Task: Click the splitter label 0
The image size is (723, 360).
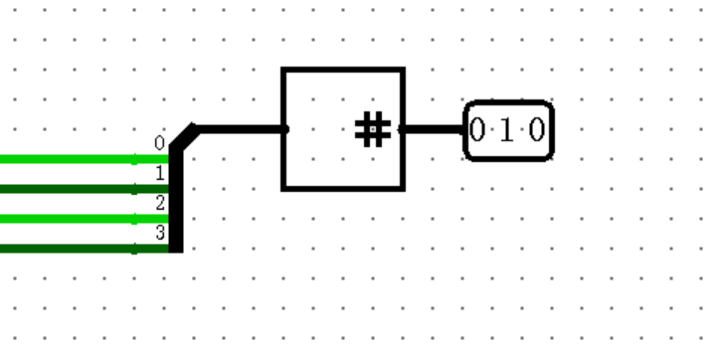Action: (x=159, y=143)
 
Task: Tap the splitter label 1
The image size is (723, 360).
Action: (x=159, y=173)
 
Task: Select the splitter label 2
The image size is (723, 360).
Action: (x=159, y=203)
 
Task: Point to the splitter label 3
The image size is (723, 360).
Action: (x=159, y=233)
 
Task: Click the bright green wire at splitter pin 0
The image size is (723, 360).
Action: (x=70, y=159)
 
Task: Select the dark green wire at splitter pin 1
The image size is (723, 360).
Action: (x=70, y=189)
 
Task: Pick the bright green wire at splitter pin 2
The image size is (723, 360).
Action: (x=70, y=219)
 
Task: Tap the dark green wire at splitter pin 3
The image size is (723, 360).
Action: (x=70, y=249)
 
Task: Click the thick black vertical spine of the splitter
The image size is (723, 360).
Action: (x=176, y=199)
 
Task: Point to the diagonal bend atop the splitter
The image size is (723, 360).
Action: (x=184, y=136)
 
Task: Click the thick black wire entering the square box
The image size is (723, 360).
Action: (x=239, y=128)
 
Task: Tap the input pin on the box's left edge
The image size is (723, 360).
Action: (x=284, y=128)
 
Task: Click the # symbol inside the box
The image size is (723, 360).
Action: (x=372, y=129)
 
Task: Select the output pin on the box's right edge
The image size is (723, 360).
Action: (x=402, y=128)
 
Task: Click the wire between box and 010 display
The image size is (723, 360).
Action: (x=434, y=128)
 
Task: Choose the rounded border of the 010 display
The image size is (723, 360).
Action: (x=508, y=102)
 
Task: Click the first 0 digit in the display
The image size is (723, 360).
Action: (x=478, y=129)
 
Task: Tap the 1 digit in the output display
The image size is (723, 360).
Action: (x=508, y=129)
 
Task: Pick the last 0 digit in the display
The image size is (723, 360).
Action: (x=537, y=129)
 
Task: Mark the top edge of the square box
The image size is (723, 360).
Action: (x=343, y=70)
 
